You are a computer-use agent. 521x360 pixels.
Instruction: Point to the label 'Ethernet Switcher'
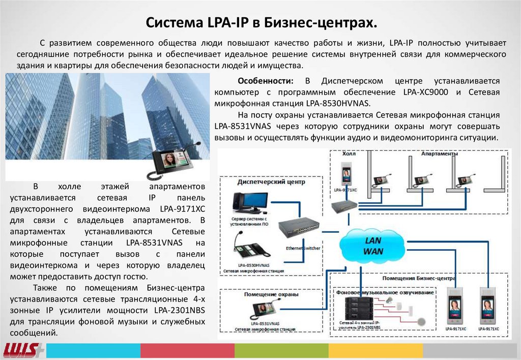(303, 248)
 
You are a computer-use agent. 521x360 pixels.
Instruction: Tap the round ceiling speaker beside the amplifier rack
(390, 302)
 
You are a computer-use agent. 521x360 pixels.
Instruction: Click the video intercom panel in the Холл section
(346, 175)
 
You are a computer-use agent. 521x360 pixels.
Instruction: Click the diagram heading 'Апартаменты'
(440, 154)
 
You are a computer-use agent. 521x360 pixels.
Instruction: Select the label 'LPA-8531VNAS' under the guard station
(266, 323)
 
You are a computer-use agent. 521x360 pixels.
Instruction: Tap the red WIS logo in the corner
(20, 350)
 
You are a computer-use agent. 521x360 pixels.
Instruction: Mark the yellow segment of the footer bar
(375, 350)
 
